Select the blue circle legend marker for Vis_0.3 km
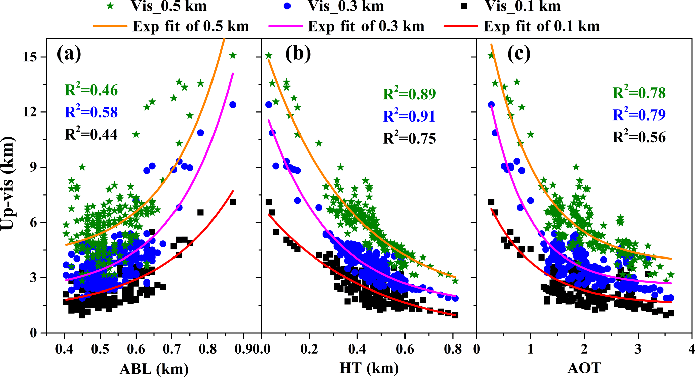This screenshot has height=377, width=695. (287, 6)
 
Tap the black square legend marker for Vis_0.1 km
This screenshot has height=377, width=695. (465, 6)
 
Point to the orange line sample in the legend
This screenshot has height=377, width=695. (110, 26)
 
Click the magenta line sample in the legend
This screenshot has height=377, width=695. (285, 26)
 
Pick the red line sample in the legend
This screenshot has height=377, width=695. (461, 26)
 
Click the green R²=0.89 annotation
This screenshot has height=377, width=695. (409, 94)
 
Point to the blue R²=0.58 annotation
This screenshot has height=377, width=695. (91, 112)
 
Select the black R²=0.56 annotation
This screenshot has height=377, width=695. (639, 137)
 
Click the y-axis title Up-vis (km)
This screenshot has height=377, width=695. (7, 183)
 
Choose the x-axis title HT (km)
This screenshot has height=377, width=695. (369, 368)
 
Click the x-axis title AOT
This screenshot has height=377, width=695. (584, 368)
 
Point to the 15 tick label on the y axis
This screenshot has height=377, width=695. (30, 57)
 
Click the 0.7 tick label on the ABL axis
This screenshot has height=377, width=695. (172, 349)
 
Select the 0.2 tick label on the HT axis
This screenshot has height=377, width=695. (309, 349)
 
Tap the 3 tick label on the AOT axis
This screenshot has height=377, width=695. (638, 349)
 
